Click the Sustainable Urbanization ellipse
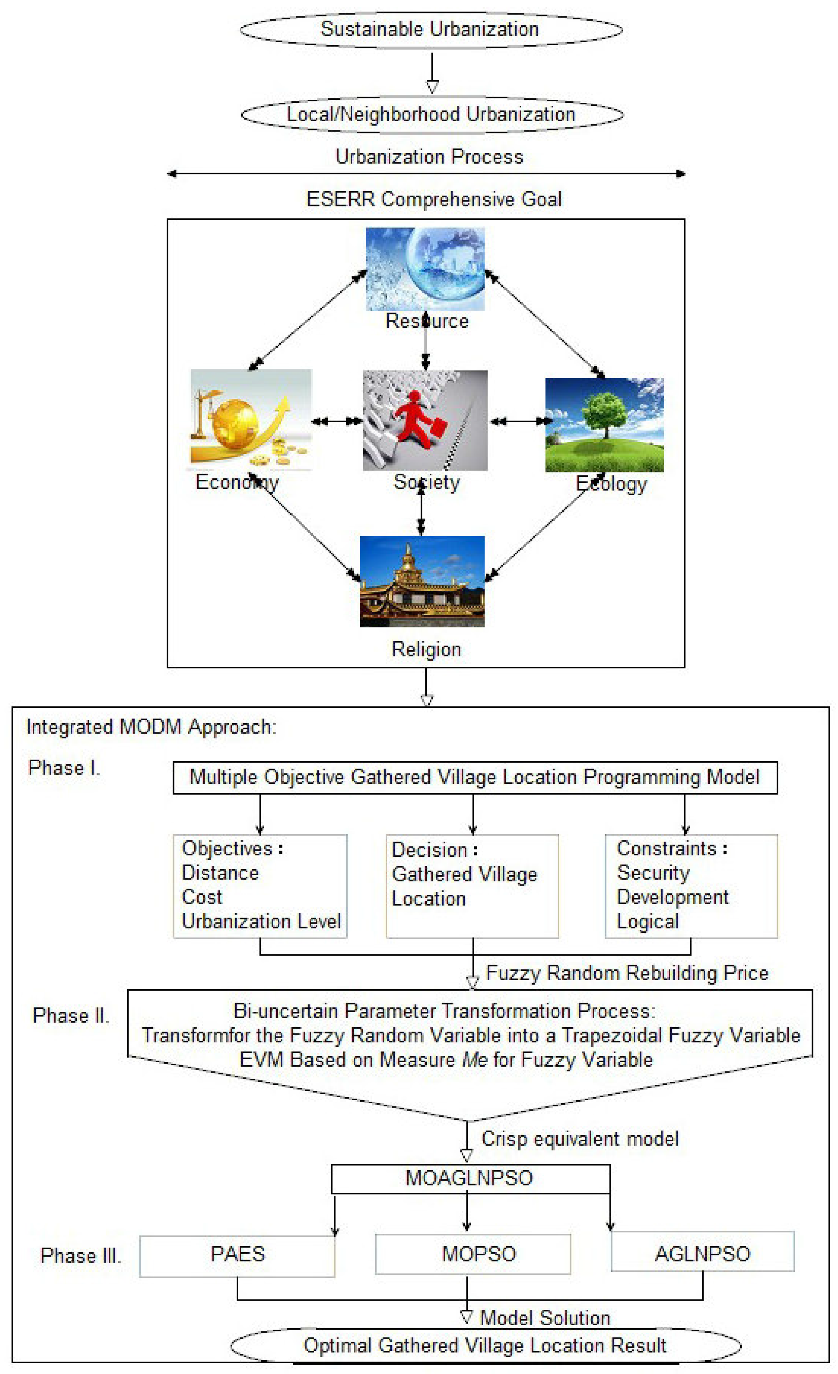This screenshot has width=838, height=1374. point(431,29)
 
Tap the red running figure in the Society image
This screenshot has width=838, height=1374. point(416,418)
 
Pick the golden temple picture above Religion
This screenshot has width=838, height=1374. point(422,581)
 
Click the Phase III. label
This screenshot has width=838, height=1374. point(81,1256)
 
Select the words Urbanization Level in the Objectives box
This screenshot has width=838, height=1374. point(261,921)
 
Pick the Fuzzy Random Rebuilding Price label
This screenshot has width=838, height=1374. point(627,973)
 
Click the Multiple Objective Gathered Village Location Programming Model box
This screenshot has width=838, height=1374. point(475,777)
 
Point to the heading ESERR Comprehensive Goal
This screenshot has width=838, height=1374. point(434,199)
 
